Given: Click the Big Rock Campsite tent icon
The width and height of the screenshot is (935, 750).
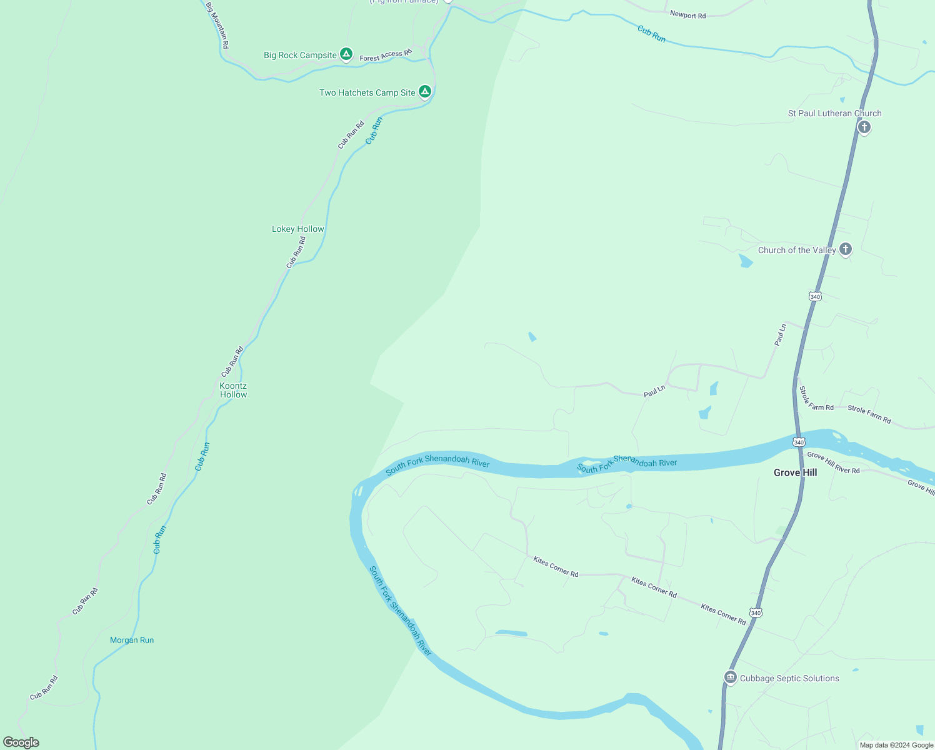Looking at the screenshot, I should pos(346,54).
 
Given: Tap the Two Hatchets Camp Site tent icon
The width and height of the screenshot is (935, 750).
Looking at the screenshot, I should pos(425,92).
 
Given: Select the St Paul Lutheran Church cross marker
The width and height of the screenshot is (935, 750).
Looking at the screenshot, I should pos(864,127).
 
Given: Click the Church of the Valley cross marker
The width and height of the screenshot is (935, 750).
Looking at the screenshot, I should pos(846,249).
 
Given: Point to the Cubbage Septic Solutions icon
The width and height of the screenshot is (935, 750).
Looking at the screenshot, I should pos(730,677).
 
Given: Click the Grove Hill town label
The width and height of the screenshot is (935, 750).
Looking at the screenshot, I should pos(795,472).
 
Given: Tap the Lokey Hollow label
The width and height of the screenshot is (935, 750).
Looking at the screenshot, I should pos(298,229).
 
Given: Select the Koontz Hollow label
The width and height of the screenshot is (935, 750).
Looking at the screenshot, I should pos(233,390).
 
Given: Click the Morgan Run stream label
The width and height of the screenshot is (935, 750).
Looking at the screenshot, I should pos(132,640).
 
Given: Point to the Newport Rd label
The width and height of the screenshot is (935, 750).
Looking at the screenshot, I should pos(687,14).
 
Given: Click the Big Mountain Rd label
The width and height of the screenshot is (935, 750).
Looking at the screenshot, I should pos(217,26).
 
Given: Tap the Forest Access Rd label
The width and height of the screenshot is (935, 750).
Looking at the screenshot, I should pos(386,56).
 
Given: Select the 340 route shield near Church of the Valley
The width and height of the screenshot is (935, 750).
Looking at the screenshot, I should pos(815,296).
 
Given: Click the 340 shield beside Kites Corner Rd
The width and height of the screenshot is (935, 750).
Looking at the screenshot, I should pos(756,613).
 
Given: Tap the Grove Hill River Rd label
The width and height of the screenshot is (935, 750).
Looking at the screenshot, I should pos(833,462).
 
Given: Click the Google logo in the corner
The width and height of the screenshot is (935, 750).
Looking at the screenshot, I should pos(21,742).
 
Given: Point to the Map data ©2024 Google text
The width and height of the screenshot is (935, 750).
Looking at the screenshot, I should pos(896,745).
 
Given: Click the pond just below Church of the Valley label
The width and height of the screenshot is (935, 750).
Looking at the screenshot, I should pos(746,261).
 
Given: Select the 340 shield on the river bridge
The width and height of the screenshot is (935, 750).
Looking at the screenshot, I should pos(799,442).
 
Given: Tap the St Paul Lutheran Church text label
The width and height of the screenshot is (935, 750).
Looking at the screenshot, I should pos(834,113).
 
